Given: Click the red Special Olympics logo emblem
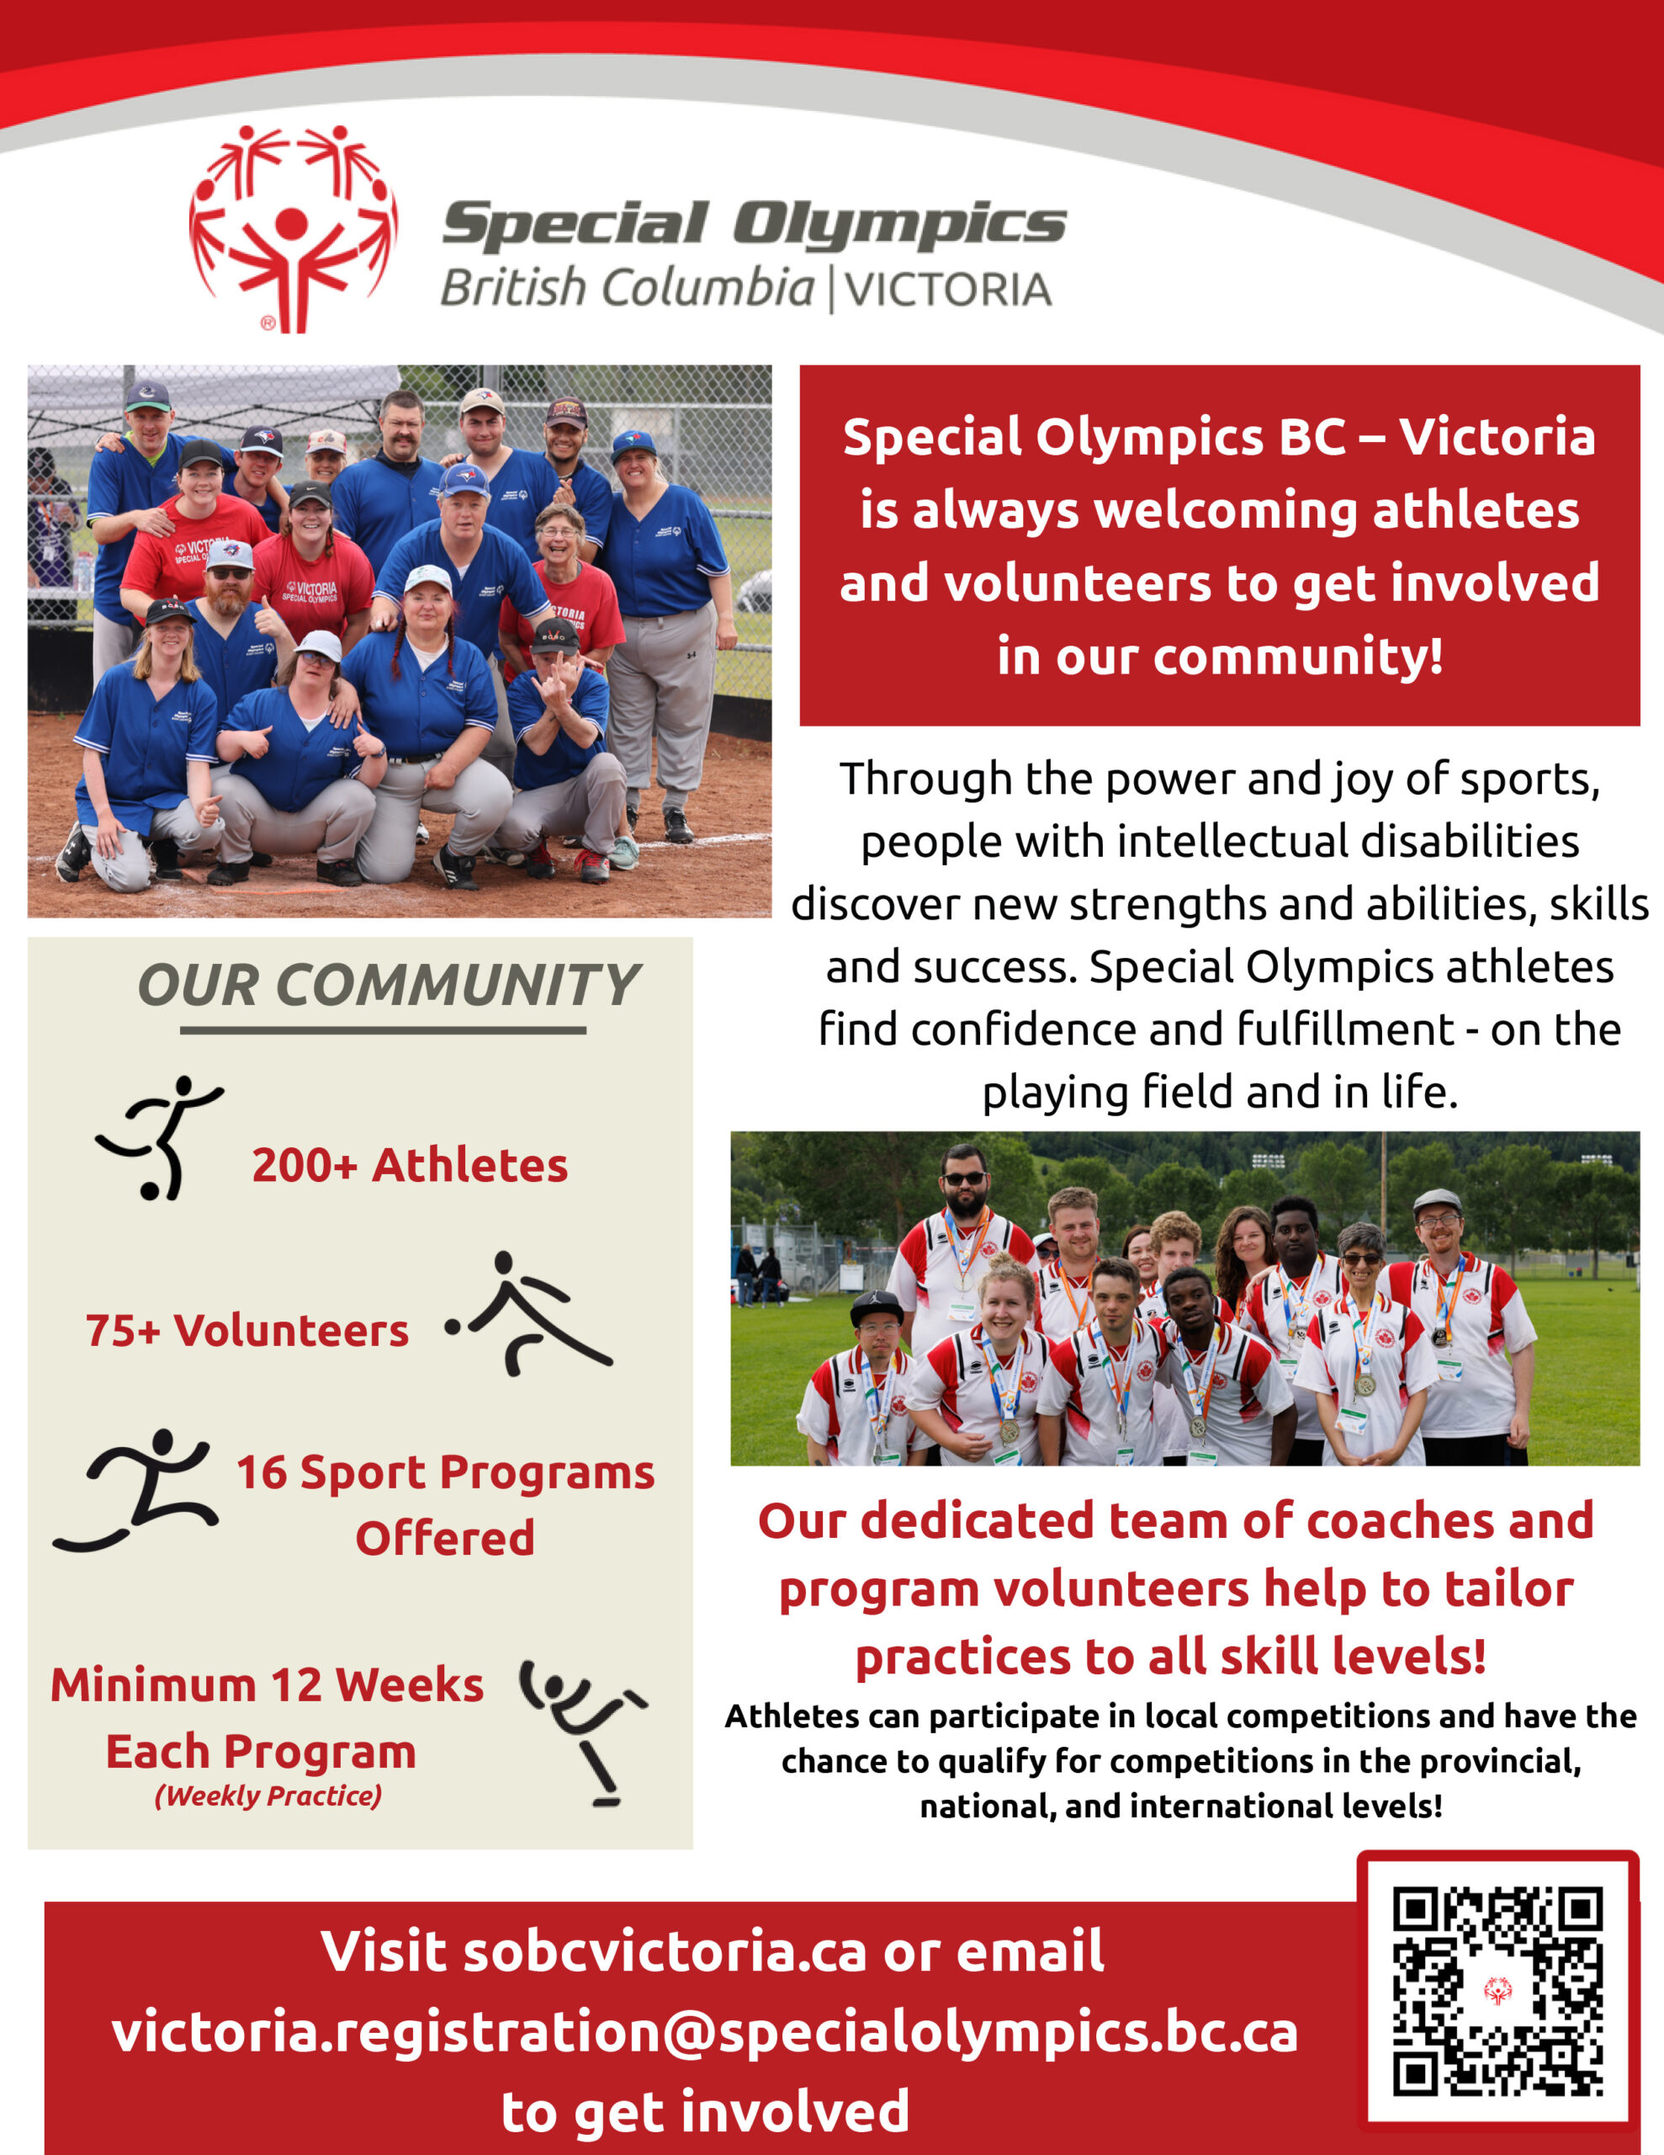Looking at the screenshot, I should pyautogui.click(x=293, y=229).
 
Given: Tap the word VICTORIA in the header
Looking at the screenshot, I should pyautogui.click(x=947, y=290).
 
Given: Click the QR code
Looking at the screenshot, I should pyautogui.click(x=1497, y=1991).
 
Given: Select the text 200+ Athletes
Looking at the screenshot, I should pyautogui.click(x=410, y=1165).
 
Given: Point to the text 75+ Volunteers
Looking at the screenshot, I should pyautogui.click(x=246, y=1331).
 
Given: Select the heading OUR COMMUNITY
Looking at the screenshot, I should pyautogui.click(x=389, y=985).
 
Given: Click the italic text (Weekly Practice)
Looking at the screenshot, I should pyautogui.click(x=268, y=1796).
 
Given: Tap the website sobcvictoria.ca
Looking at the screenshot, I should pyautogui.click(x=665, y=1952).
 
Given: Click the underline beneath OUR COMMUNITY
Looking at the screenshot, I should pyautogui.click(x=383, y=1030).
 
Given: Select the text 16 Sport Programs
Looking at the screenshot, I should pyautogui.click(x=445, y=1473).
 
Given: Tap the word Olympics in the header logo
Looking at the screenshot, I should pyautogui.click(x=898, y=223).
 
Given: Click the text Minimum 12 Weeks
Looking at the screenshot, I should pyautogui.click(x=268, y=1685).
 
